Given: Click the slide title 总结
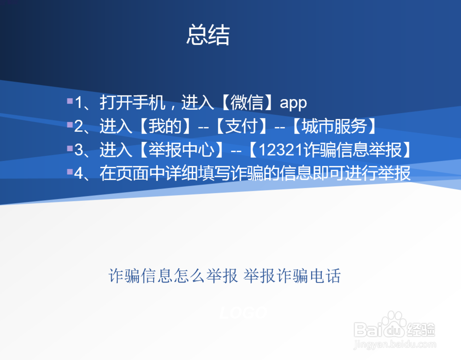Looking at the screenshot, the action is pos(208,35).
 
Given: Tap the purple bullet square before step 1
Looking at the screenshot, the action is pos(70,101).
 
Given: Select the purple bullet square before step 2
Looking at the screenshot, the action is pos(70,124).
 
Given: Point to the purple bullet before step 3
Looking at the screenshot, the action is pos(70,148).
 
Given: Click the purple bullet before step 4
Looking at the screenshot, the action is pos(70,171).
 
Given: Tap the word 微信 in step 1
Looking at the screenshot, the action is pos(247,103).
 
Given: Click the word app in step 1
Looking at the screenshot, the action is pos(293,103).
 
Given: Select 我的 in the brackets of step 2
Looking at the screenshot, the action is pos(165,126).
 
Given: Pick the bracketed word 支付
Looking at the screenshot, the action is pos(242,126).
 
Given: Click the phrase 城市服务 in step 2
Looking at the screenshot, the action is pos(334,126).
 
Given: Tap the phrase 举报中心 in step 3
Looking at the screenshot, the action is pos(181,150).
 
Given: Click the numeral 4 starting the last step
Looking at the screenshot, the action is pos(79,173).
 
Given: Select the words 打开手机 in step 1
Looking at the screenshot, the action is pos(132,103).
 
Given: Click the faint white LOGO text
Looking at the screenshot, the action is pos(243,313).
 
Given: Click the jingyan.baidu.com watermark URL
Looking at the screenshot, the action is pos(395,344).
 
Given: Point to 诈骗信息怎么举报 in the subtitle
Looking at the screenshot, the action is pos(173,276).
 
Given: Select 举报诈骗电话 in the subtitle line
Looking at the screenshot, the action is pos(292,276).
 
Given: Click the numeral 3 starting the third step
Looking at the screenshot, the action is pos(79,150).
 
